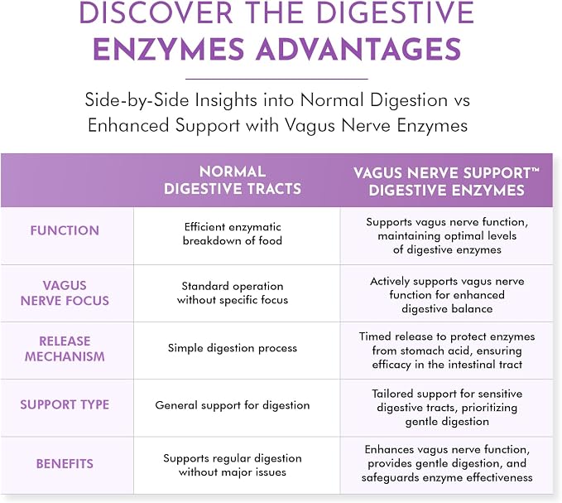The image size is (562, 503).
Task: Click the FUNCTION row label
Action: [x=65, y=230]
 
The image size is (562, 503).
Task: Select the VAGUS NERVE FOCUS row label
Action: [x=65, y=293]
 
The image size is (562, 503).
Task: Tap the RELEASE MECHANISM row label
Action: [x=65, y=348]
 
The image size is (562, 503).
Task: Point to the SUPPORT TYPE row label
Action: [x=65, y=404]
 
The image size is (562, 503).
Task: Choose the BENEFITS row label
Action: [x=65, y=463]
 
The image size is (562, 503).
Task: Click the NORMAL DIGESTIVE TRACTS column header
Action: [x=233, y=180]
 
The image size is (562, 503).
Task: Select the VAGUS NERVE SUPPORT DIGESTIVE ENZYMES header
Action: [x=446, y=181]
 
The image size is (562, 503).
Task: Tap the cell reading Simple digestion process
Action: [x=233, y=348]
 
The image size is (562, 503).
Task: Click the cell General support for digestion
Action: [x=233, y=405]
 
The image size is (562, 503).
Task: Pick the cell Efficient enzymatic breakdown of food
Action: [x=233, y=234]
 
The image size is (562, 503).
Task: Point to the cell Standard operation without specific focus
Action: [x=233, y=293]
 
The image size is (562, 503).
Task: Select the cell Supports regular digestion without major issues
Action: [x=233, y=465]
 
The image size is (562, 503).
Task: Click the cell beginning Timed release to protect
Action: [x=447, y=351]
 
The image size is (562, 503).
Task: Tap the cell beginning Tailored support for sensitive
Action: [x=447, y=408]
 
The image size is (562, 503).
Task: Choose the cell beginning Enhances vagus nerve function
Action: [x=447, y=463]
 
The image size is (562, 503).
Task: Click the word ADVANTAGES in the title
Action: [x=358, y=49]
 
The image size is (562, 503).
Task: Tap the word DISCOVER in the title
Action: [x=156, y=12]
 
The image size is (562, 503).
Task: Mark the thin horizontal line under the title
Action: [x=276, y=79]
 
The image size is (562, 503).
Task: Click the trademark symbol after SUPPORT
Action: [x=536, y=169]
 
